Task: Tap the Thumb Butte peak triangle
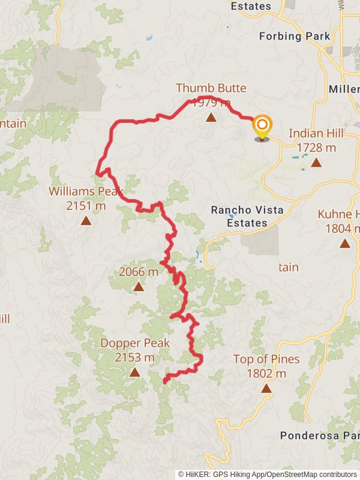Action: pyautogui.click(x=211, y=118)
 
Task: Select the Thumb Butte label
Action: pyautogui.click(x=211, y=88)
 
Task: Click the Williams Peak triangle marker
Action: pyautogui.click(x=86, y=221)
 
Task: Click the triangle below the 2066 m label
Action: pyautogui.click(x=139, y=287)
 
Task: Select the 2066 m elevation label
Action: pyautogui.click(x=139, y=272)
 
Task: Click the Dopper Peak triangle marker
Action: pyautogui.click(x=134, y=372)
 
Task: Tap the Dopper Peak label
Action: pyautogui.click(x=135, y=343)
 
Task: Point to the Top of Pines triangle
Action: pyautogui.click(x=266, y=388)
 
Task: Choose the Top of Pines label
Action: pyautogui.click(x=266, y=359)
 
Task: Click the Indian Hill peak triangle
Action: pyautogui.click(x=316, y=162)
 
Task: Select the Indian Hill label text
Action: pyautogui.click(x=316, y=133)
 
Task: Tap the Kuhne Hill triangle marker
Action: pyautogui.click(x=344, y=243)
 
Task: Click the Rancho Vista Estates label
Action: pyautogui.click(x=247, y=217)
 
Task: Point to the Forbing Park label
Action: pyautogui.click(x=295, y=36)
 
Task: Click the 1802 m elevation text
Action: pyautogui.click(x=266, y=373)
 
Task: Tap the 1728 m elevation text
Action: pyautogui.click(x=316, y=147)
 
